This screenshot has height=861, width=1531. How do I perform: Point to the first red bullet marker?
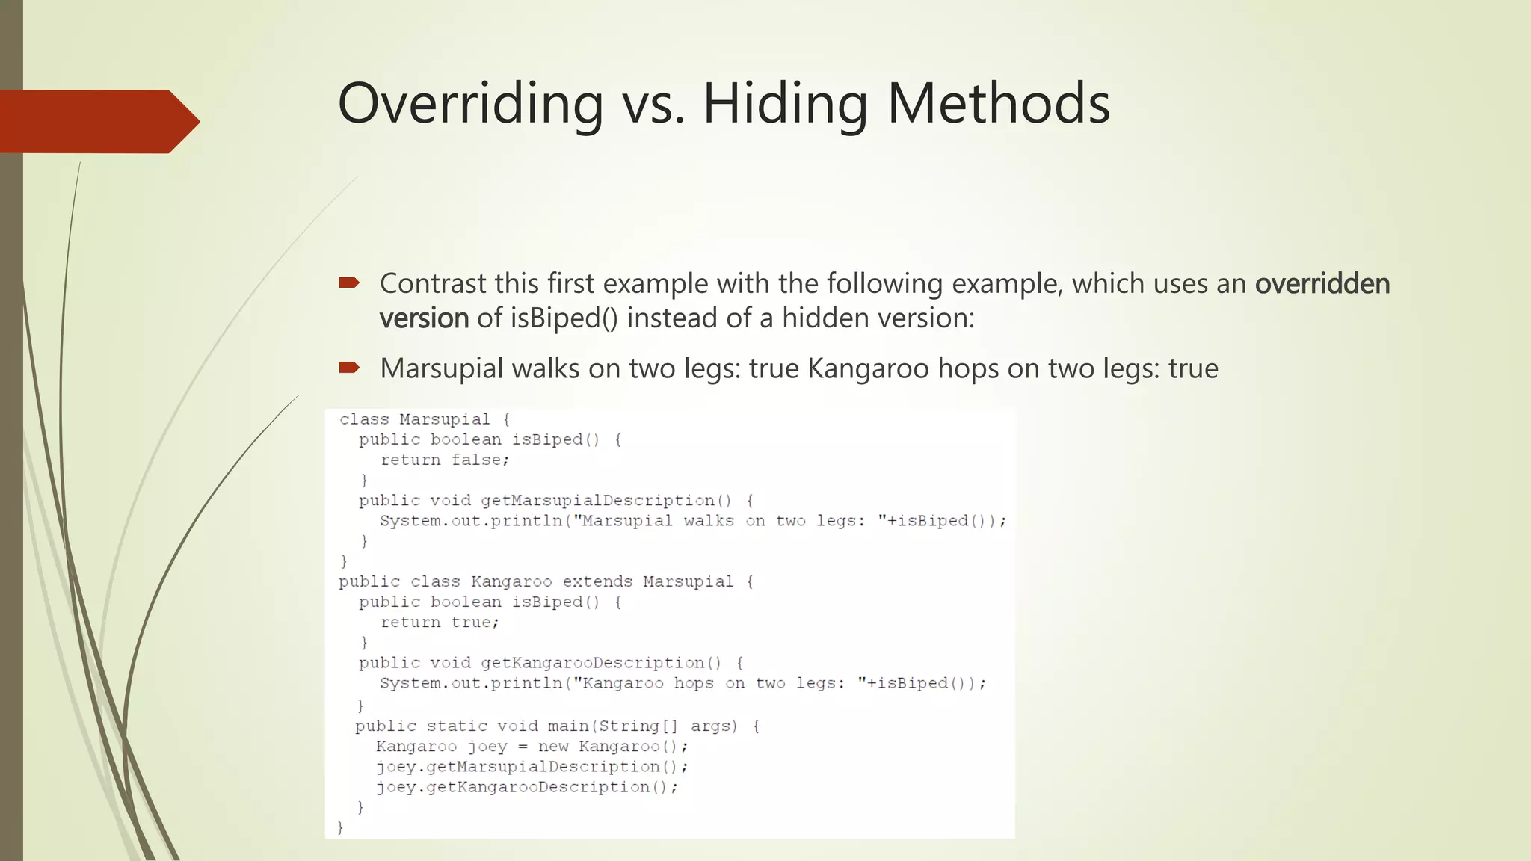tap(349, 283)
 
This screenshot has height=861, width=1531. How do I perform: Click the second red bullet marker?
tap(349, 367)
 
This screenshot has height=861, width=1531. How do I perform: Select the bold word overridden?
tap(1322, 284)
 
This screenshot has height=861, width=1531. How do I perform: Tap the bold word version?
tap(424, 318)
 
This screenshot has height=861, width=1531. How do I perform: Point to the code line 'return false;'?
tap(445, 460)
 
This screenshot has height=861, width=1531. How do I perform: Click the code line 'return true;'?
tap(440, 622)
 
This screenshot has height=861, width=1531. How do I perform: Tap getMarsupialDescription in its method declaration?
tap(597, 500)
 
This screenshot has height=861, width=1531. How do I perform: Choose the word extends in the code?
tap(597, 581)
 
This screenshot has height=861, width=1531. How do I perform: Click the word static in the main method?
tap(456, 726)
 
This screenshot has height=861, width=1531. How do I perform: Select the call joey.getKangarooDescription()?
tap(527, 787)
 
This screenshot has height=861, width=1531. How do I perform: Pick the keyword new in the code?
tap(553, 746)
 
